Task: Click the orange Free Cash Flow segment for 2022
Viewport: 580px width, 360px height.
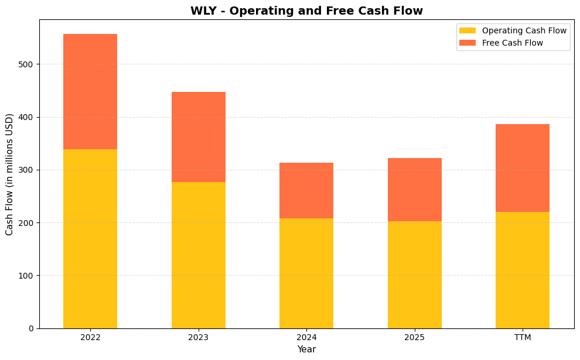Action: [90, 91]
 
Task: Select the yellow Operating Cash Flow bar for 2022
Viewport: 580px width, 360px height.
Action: [90, 239]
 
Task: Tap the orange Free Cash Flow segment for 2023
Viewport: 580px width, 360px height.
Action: [198, 137]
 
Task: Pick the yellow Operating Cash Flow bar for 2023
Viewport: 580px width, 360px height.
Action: [198, 255]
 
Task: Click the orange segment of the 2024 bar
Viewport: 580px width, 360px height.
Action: [306, 190]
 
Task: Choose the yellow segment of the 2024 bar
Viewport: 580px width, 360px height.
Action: [306, 273]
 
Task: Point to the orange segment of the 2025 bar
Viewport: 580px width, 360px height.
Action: [414, 190]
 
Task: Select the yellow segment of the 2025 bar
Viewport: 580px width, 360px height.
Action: [414, 275]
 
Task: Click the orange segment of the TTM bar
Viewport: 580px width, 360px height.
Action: [522, 168]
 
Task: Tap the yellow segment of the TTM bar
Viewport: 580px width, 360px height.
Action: [522, 270]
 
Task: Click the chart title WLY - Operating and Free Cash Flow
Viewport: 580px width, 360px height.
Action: [306, 11]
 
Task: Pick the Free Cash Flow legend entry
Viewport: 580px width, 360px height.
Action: [512, 43]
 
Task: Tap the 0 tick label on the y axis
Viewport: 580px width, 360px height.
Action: [32, 328]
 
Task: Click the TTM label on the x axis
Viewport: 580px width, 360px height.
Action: [522, 338]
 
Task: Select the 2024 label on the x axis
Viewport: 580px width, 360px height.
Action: [306, 338]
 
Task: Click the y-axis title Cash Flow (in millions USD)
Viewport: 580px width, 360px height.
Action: [9, 174]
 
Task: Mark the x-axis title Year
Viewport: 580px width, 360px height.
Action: [306, 349]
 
